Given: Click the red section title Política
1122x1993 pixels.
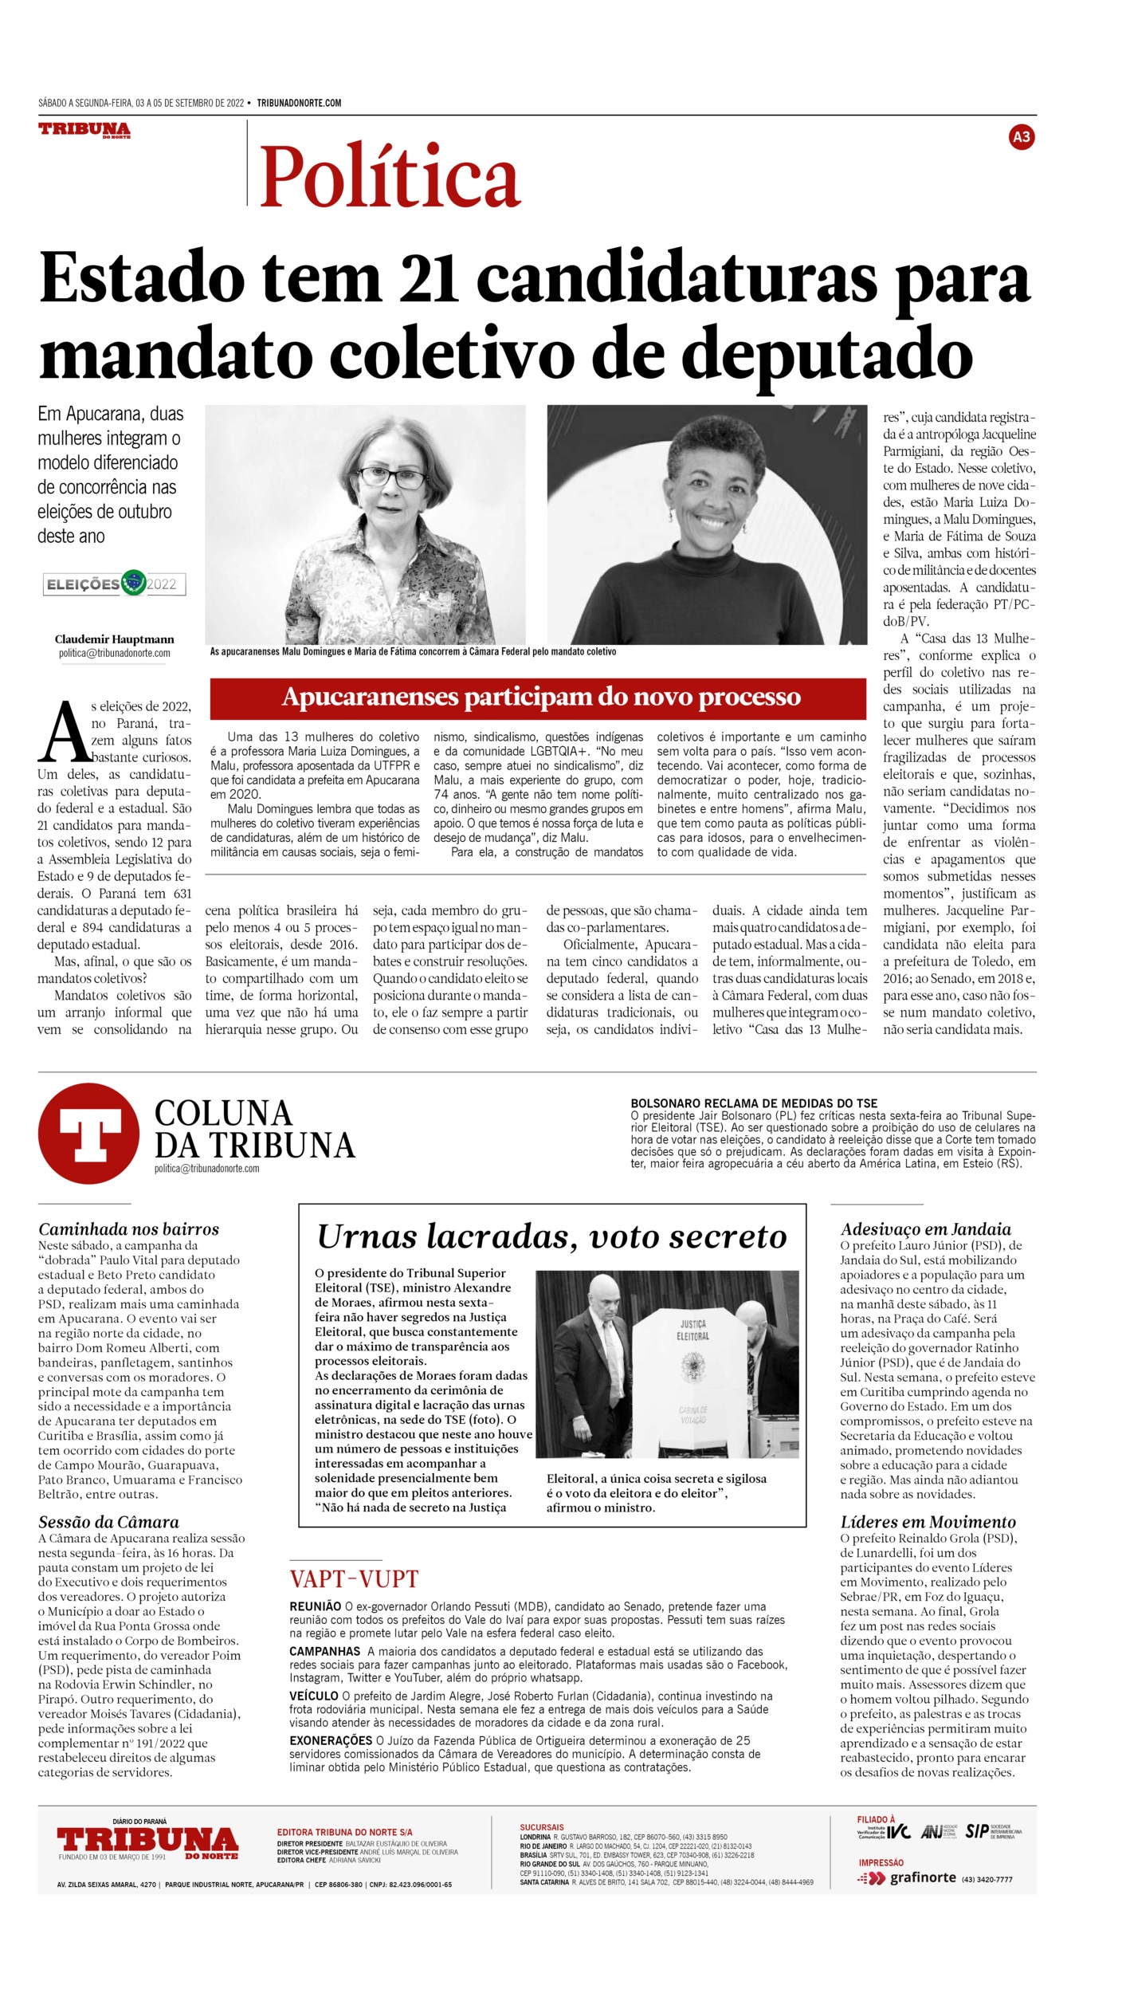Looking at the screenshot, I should coord(390,175).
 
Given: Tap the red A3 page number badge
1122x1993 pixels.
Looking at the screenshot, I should coord(1021,137).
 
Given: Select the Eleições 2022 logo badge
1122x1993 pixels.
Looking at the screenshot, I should coord(115,584).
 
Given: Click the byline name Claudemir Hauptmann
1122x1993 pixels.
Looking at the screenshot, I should coord(114,639).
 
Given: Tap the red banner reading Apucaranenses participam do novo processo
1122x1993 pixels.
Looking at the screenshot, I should coord(538,698).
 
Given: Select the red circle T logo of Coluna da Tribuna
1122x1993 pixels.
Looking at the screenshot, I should coord(88,1134).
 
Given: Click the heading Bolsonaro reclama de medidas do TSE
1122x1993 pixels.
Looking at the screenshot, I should coord(753,1103).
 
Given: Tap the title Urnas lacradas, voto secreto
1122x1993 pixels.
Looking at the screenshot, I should coord(551,1236).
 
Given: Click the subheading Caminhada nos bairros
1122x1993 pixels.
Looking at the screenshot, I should coord(128,1229).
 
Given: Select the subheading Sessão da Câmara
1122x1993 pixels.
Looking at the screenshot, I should coord(108,1522).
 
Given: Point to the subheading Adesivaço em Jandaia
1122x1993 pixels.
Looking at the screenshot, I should coord(925,1229).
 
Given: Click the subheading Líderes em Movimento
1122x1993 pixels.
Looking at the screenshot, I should coord(928,1522).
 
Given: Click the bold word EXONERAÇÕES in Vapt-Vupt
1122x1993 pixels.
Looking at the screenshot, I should coord(331,1740).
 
